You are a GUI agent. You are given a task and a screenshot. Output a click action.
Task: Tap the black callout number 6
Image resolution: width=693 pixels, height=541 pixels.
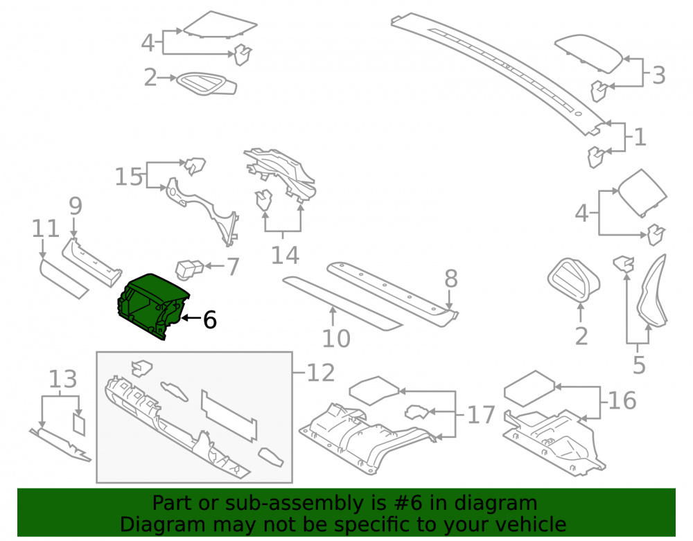point(210,320)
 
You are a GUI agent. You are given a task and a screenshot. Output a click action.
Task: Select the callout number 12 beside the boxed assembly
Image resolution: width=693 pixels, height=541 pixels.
point(320,373)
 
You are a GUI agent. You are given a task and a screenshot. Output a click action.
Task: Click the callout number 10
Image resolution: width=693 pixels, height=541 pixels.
point(336,339)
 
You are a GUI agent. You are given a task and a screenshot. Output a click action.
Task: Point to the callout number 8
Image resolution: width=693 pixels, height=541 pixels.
point(451,278)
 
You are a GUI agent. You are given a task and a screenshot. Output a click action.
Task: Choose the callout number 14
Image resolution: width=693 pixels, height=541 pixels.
point(285,256)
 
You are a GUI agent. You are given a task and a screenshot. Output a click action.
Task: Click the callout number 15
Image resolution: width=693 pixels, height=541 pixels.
point(129,177)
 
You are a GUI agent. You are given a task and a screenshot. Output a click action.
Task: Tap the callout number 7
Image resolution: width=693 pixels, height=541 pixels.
point(233,267)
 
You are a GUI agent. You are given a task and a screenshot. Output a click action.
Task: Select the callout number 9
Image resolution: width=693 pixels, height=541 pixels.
point(76,206)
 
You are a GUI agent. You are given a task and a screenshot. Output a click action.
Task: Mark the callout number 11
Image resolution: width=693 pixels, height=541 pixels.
point(46,229)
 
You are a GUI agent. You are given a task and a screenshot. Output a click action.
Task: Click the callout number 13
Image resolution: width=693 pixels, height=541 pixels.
point(63,379)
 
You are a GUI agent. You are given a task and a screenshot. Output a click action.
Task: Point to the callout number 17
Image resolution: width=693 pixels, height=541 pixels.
point(482,415)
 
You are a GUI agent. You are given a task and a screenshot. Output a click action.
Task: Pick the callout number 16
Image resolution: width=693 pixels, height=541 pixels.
point(622,400)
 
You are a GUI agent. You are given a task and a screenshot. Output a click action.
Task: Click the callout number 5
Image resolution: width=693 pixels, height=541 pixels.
point(639,365)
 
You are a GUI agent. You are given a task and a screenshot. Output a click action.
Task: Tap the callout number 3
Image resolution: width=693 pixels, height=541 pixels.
point(658,75)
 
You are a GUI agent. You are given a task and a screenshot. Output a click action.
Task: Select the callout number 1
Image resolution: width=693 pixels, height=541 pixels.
point(640,137)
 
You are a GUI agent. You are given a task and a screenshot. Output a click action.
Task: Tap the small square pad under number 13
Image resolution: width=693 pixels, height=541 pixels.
point(79,424)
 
